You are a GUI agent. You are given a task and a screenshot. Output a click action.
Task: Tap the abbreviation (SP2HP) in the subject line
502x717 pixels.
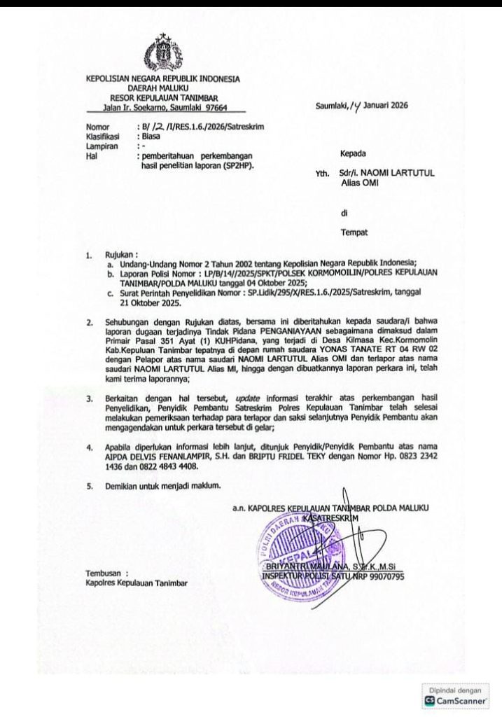click(x=238, y=167)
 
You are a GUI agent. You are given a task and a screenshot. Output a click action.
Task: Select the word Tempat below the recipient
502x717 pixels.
click(x=354, y=231)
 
